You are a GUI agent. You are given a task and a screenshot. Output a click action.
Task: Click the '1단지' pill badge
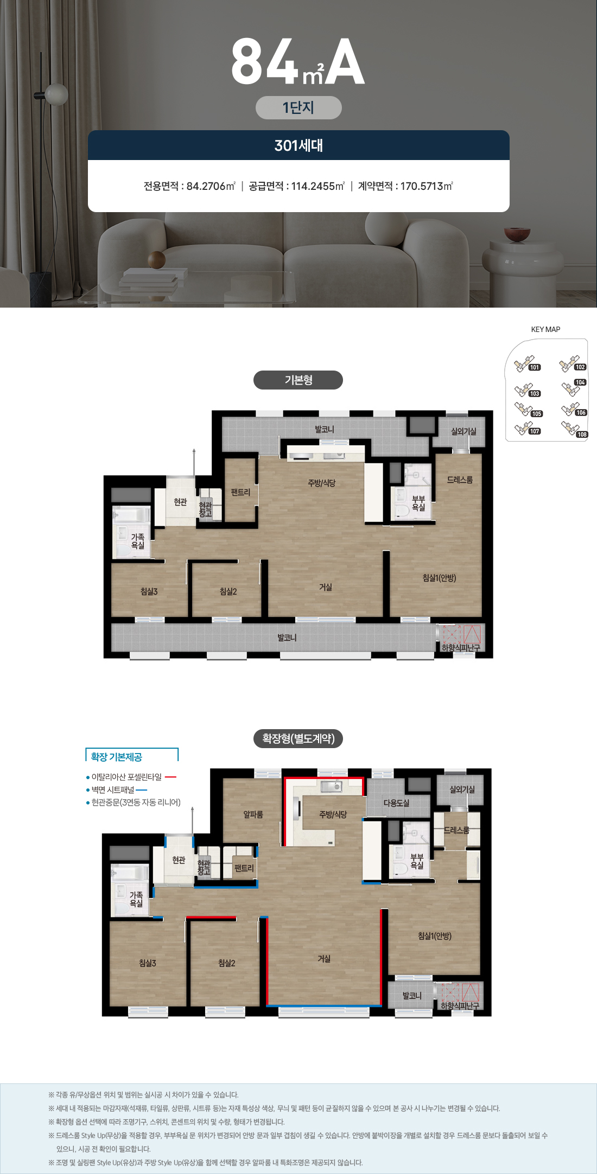click(298, 107)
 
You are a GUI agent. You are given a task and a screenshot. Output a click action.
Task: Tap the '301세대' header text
click(298, 145)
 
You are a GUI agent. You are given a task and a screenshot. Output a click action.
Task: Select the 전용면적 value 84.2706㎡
click(211, 186)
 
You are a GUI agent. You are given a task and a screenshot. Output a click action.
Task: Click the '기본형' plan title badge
click(298, 380)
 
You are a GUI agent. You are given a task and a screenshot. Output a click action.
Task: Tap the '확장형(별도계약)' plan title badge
click(298, 738)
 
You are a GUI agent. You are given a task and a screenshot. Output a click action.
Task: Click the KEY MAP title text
click(545, 329)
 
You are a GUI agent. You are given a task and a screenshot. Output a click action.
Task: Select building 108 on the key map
click(582, 435)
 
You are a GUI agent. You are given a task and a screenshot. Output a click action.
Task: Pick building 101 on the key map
click(535, 367)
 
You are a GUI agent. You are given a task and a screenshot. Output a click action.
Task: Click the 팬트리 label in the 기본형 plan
click(240, 492)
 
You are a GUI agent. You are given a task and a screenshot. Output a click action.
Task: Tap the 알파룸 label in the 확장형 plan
click(253, 814)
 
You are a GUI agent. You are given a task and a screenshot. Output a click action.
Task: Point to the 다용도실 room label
click(396, 803)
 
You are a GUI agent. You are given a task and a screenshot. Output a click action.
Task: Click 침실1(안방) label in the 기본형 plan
click(439, 578)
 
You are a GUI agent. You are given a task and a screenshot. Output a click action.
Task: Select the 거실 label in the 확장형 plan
click(324, 959)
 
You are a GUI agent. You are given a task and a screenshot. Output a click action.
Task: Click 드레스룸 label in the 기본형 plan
click(460, 480)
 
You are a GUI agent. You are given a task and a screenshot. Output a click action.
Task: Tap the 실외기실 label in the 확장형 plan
click(462, 789)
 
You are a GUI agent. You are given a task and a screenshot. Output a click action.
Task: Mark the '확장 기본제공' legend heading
click(116, 757)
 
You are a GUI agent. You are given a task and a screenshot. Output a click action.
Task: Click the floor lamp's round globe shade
click(56, 94)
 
